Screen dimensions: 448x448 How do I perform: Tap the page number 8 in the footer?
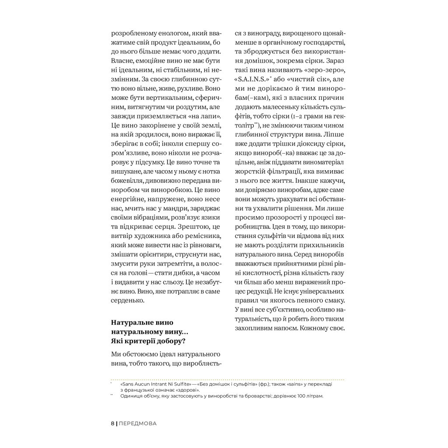tap(112, 423)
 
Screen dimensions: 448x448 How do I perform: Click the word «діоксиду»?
tap(306, 144)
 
